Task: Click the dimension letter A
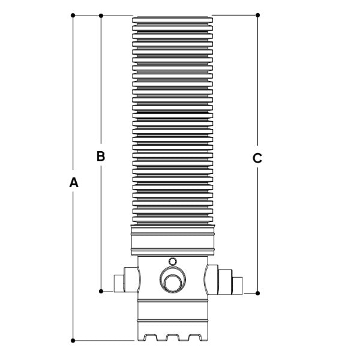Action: click(74, 182)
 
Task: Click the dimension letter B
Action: click(101, 156)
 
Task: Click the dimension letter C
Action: click(257, 158)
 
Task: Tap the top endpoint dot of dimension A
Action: click(73, 16)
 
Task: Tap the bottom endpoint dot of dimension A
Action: click(73, 340)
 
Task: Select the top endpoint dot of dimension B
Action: click(101, 16)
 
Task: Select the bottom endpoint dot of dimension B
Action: click(101, 292)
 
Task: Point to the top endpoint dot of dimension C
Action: click(257, 15)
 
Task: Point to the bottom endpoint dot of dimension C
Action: click(257, 293)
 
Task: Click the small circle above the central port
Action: click(173, 262)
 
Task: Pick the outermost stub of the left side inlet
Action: click(119, 283)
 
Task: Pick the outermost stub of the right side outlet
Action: click(238, 286)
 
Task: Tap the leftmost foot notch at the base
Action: click(150, 337)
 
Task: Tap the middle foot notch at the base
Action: click(173, 337)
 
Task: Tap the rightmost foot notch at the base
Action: click(196, 337)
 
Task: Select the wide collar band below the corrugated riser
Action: click(173, 241)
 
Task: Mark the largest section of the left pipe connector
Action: click(132, 280)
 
